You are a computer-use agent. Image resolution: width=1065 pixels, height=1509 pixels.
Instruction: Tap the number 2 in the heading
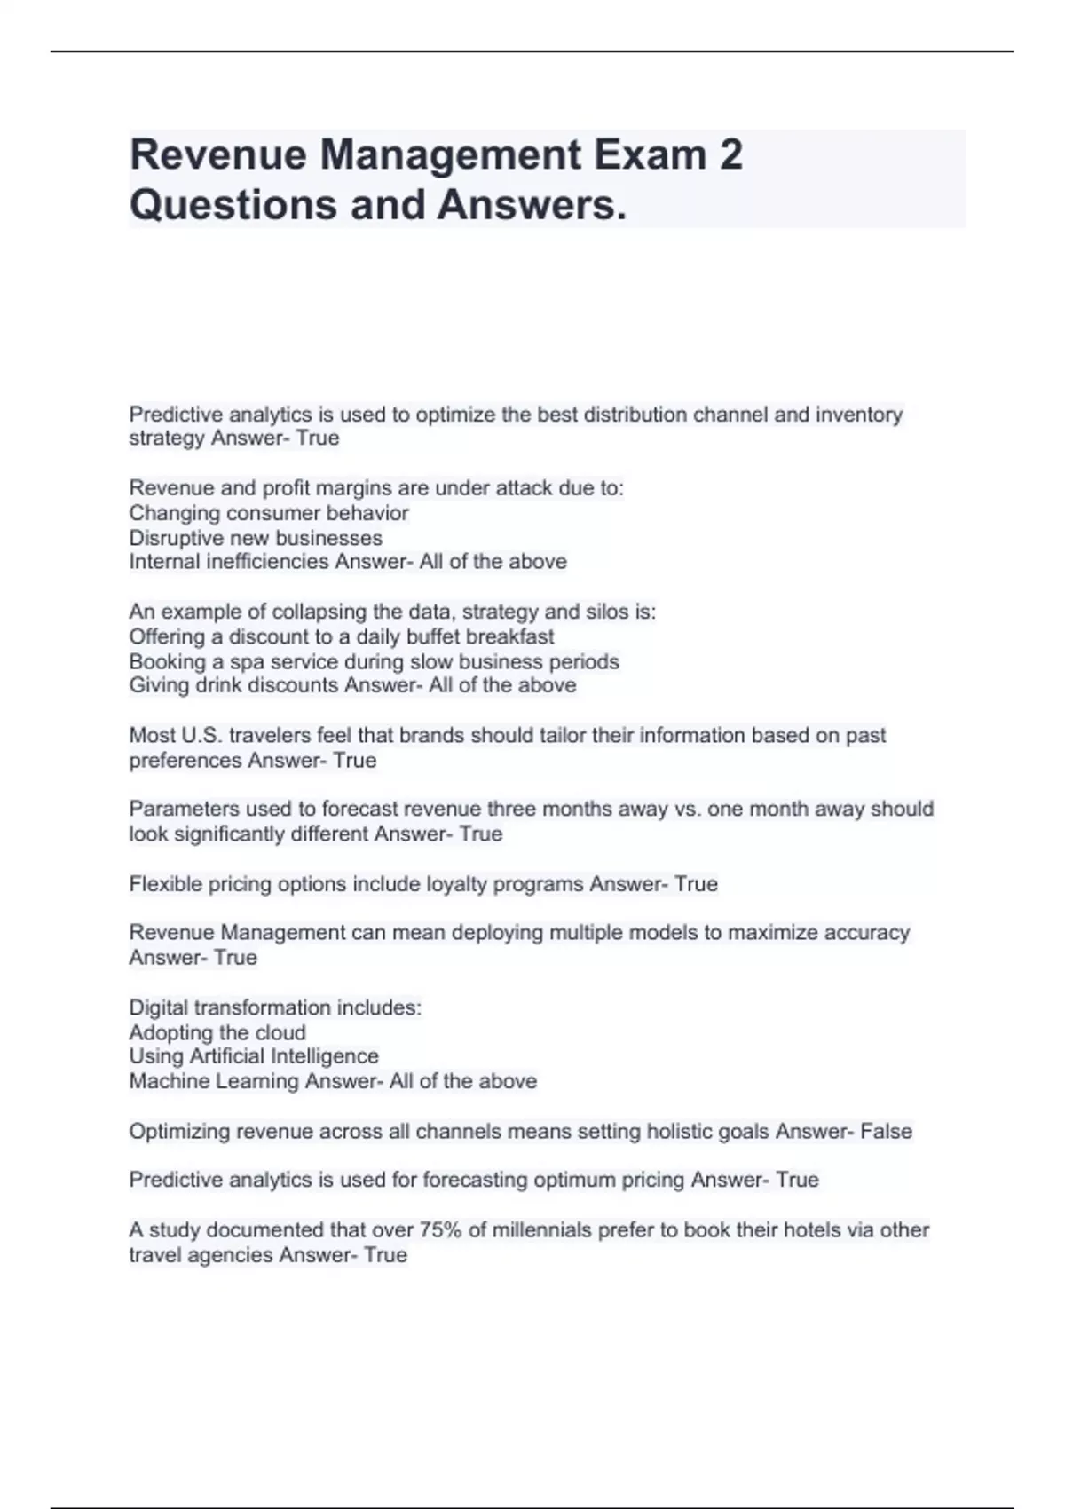(x=730, y=154)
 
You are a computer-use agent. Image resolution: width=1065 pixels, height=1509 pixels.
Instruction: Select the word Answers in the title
(x=531, y=204)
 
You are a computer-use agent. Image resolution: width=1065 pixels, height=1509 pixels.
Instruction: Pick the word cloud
(x=280, y=1032)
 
